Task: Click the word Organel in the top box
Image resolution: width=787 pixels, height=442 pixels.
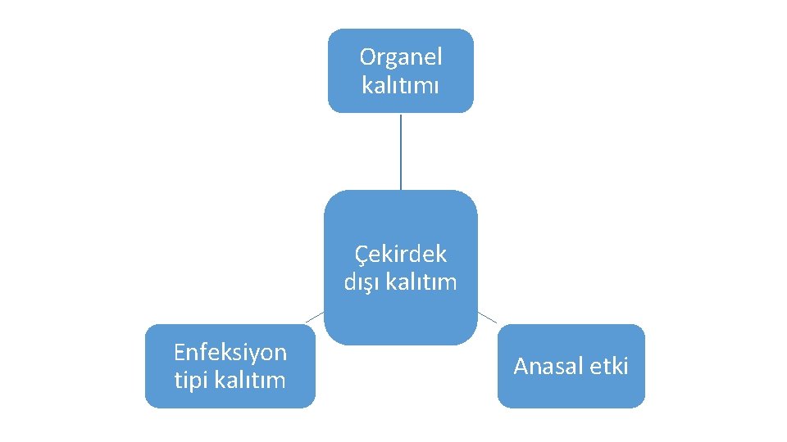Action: (401, 57)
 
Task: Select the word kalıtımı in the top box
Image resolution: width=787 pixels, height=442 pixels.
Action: (401, 84)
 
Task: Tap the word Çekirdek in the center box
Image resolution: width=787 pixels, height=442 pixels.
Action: (401, 255)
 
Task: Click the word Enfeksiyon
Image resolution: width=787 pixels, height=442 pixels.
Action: (230, 353)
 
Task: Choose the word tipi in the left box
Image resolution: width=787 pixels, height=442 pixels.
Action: (192, 380)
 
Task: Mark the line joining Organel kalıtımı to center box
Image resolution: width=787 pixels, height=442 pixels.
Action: (401, 151)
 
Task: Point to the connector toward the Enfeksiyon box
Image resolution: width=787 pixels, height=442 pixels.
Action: (316, 317)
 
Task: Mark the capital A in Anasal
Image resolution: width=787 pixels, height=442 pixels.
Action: (521, 366)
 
